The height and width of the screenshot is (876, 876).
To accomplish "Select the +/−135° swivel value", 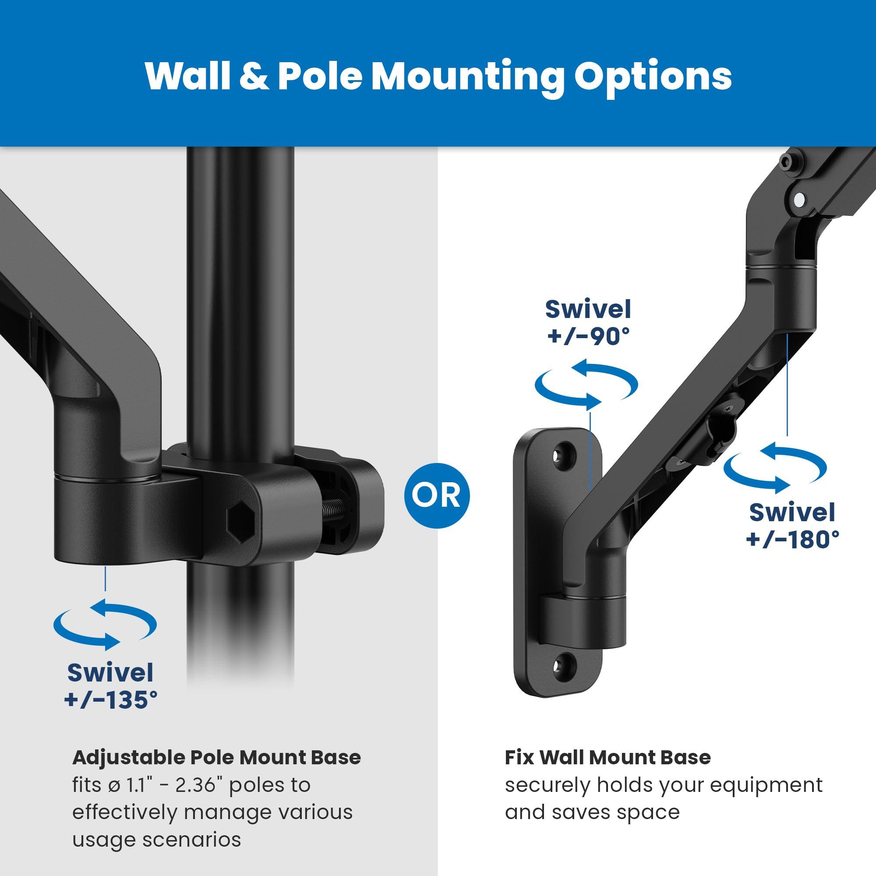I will (111, 699).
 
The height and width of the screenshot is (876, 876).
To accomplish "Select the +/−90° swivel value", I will (589, 337).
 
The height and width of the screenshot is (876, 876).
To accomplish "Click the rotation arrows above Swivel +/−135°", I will (105, 624).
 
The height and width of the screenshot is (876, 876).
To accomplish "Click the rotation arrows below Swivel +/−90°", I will (586, 385).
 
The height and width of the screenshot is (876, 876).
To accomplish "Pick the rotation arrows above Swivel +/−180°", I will (775, 468).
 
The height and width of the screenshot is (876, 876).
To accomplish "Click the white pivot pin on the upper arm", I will (800, 198).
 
